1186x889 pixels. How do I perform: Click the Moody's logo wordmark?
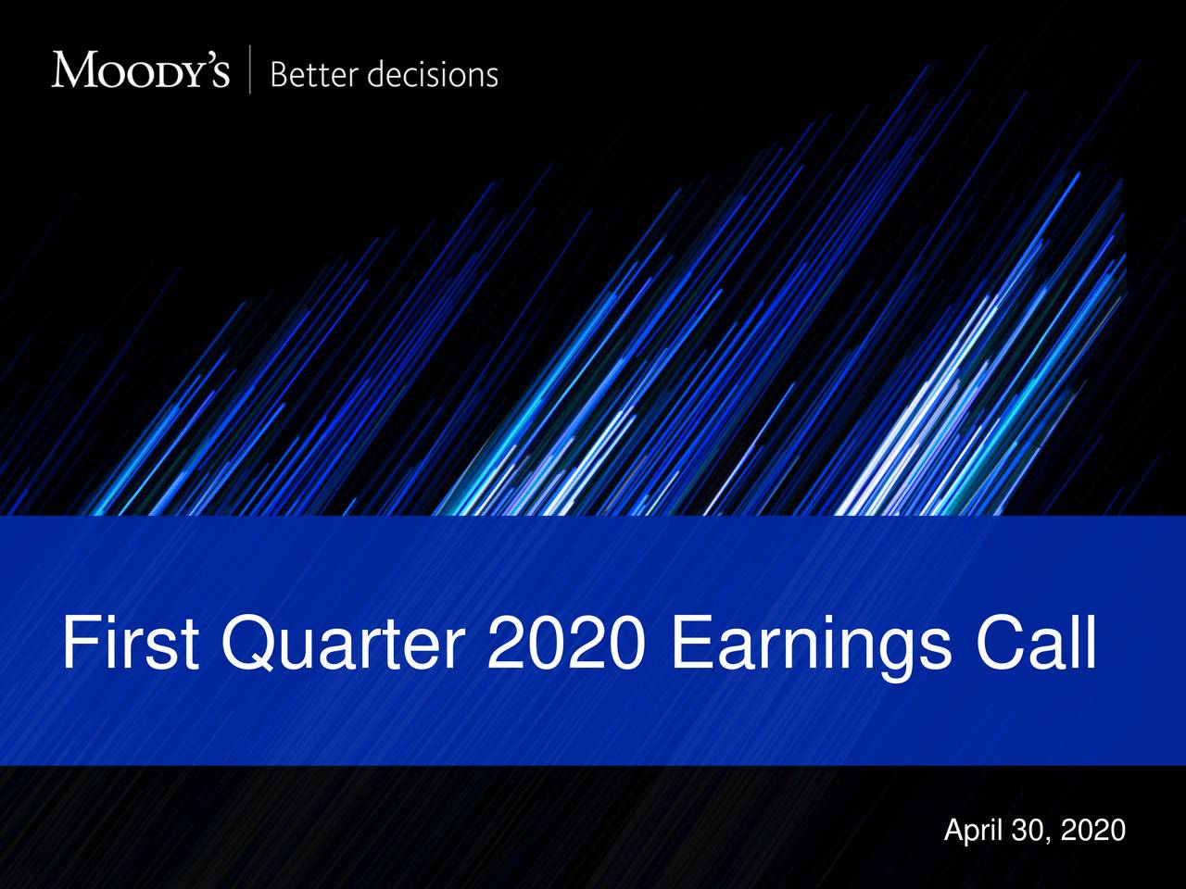140,70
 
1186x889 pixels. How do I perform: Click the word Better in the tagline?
311,74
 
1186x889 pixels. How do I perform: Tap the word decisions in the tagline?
432,74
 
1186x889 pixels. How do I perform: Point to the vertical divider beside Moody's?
250,70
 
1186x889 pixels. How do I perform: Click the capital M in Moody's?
73,70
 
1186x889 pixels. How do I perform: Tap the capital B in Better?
279,74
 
